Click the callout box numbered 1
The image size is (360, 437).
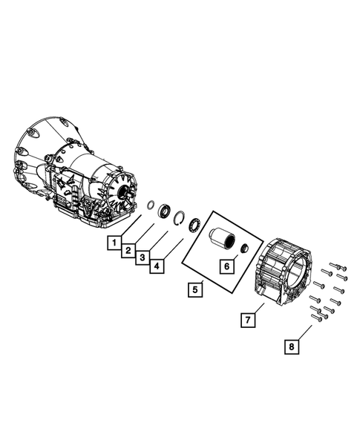(x=114, y=243)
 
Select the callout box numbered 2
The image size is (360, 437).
(x=128, y=250)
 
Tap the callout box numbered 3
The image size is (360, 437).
(x=143, y=257)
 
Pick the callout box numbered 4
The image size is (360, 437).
(x=157, y=266)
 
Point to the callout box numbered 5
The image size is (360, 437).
(x=195, y=289)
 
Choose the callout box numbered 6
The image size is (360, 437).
(x=226, y=266)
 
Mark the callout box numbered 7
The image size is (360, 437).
(x=248, y=320)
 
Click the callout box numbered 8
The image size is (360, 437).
(x=292, y=346)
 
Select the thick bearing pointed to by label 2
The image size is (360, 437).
(x=164, y=211)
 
